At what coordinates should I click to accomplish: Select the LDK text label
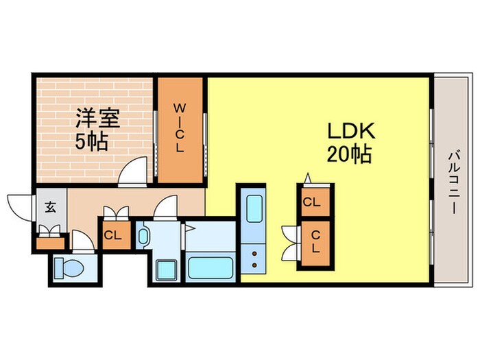click(x=349, y=131)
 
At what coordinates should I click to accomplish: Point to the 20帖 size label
click(x=350, y=156)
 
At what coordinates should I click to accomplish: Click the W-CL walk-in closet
click(x=180, y=130)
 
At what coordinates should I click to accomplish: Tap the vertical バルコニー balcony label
click(x=454, y=182)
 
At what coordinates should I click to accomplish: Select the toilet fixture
click(x=68, y=267)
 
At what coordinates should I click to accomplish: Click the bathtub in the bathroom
click(x=212, y=267)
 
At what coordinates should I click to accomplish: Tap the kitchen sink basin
click(x=254, y=208)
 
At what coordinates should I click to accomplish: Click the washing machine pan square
click(x=166, y=269)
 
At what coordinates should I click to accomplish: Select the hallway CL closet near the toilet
click(x=113, y=235)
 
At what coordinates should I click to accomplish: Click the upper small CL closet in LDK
click(x=312, y=202)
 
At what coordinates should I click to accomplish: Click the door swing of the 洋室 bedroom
click(x=134, y=172)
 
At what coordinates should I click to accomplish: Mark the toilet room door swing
click(x=82, y=241)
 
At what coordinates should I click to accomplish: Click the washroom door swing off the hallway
click(x=167, y=208)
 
